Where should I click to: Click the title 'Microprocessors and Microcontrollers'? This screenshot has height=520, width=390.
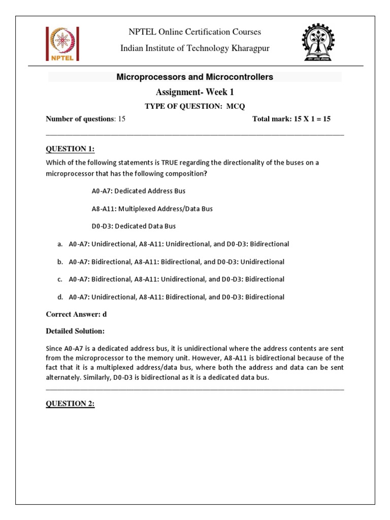pyautogui.click(x=195, y=77)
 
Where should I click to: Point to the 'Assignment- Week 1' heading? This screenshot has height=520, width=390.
pyautogui.click(x=195, y=92)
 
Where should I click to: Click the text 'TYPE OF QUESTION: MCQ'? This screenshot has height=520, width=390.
pyautogui.click(x=195, y=106)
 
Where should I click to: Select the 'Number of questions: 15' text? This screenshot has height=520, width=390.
pyautogui.click(x=85, y=119)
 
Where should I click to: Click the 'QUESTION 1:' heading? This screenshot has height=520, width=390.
pyautogui.click(x=70, y=148)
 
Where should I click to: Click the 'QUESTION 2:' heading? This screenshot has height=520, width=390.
pyautogui.click(x=70, y=403)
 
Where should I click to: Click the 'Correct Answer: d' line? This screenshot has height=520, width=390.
pyautogui.click(x=76, y=314)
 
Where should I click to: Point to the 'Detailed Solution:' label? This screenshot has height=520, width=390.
pyautogui.click(x=75, y=331)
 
